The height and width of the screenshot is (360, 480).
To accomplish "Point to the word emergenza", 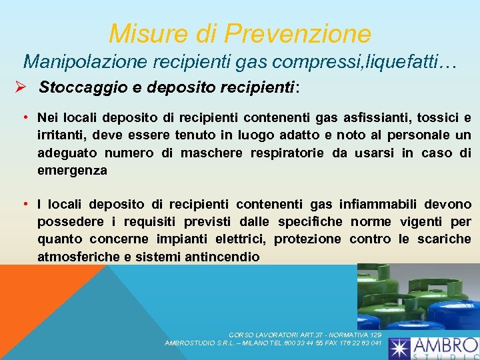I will (x=72, y=170).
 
